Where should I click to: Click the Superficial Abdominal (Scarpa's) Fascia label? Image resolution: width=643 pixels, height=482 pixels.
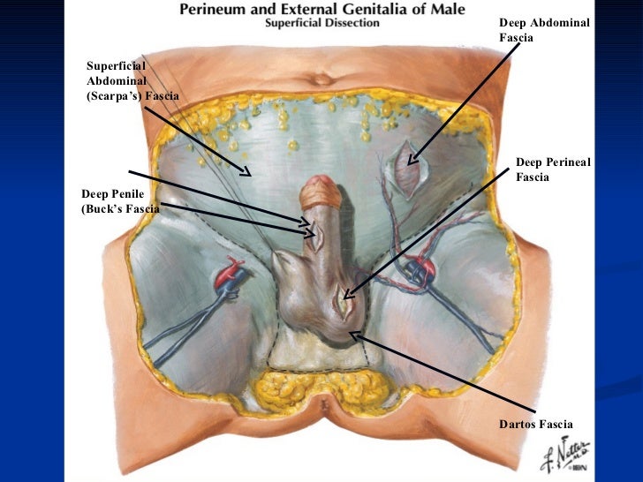[x=132, y=80]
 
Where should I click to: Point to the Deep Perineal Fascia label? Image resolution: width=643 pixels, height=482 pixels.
[x=552, y=169]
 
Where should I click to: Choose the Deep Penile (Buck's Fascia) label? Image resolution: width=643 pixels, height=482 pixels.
[x=120, y=200]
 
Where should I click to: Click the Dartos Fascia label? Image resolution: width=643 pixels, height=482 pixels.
[x=536, y=425]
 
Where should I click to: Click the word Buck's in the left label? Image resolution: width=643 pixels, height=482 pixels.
[x=99, y=209]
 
